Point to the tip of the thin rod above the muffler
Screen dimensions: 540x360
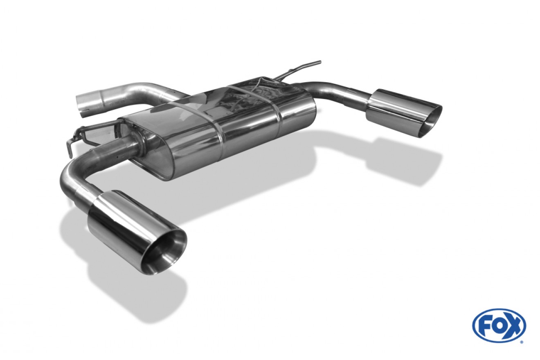pyautogui.click(x=320, y=62)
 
